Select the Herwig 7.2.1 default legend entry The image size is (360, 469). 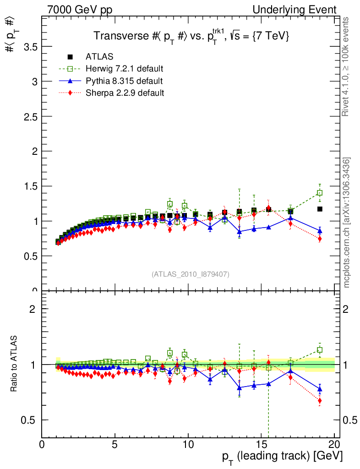coord(124,69)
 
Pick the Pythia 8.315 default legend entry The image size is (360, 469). coord(124,81)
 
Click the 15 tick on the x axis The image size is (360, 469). coord(261,444)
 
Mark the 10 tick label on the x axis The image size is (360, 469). coord(188,444)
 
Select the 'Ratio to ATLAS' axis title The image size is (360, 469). coord(14,364)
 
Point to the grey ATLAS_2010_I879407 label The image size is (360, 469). coord(191,274)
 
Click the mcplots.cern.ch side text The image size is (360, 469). coord(347,223)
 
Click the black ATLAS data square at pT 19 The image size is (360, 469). coord(320,209)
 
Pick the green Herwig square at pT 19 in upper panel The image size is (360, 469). coord(320,193)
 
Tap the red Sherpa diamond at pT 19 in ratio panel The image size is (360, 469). coord(320,401)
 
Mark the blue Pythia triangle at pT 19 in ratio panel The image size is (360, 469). coord(320,389)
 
